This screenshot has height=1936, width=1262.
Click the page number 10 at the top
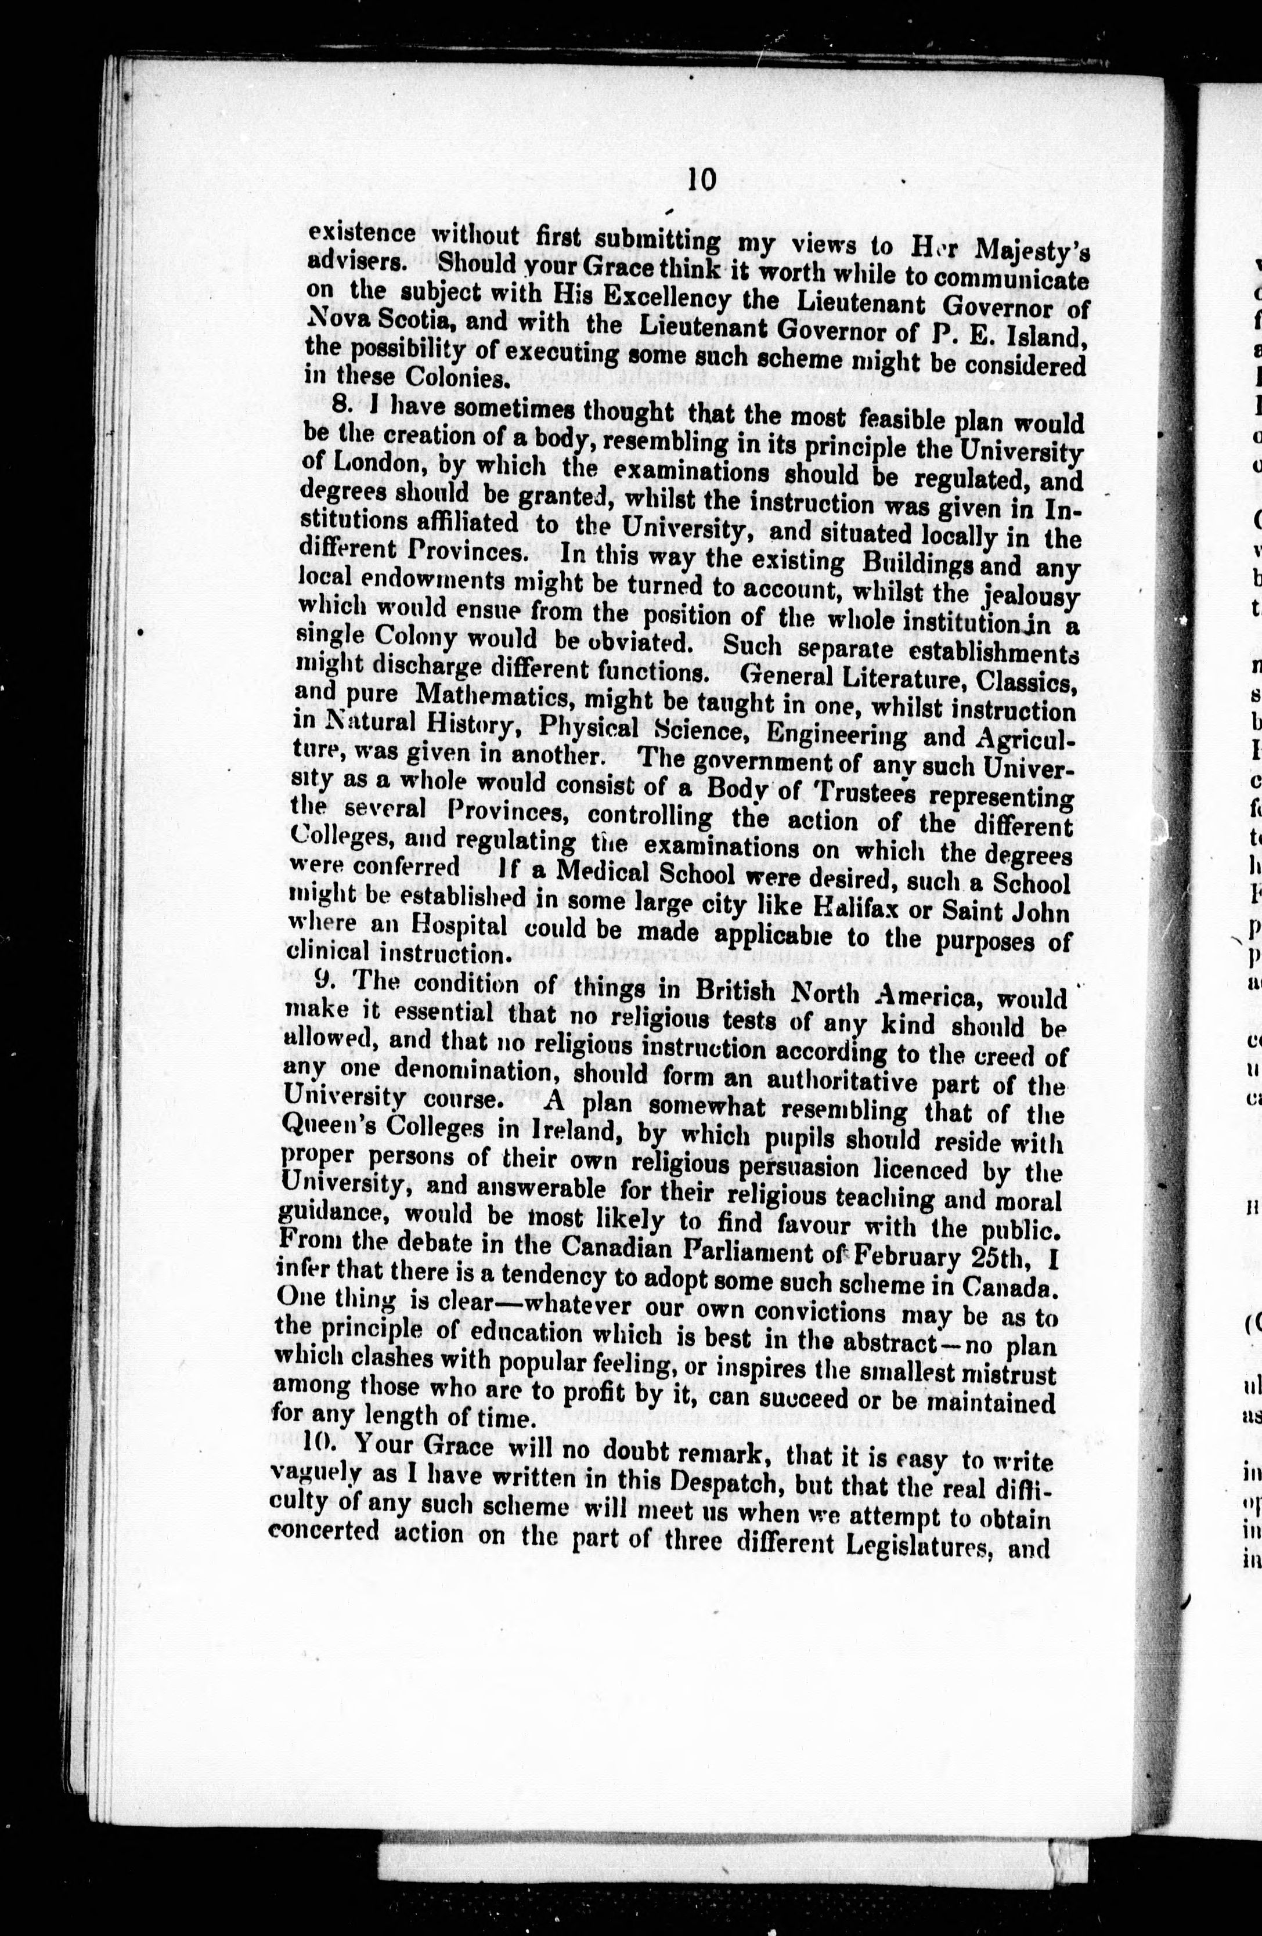[701, 179]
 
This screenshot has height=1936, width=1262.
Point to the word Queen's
[319, 1126]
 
